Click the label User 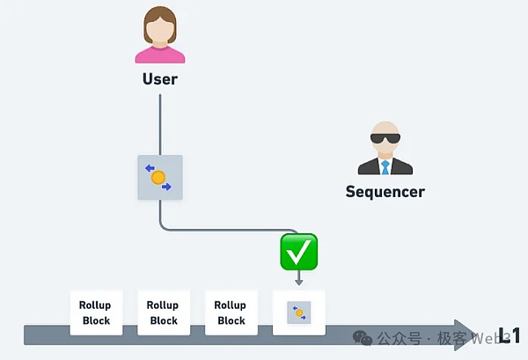pos(159,79)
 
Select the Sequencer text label pos(385,191)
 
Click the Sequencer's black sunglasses pos(385,139)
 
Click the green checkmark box pos(298,252)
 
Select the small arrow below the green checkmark pos(298,278)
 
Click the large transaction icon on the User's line pos(159,178)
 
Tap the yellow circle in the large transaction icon pos(158,178)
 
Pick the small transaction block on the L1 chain pos(299,312)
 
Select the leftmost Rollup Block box pos(96,312)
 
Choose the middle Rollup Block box pos(164,312)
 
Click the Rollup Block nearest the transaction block pos(231,312)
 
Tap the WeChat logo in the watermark pos(361,338)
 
